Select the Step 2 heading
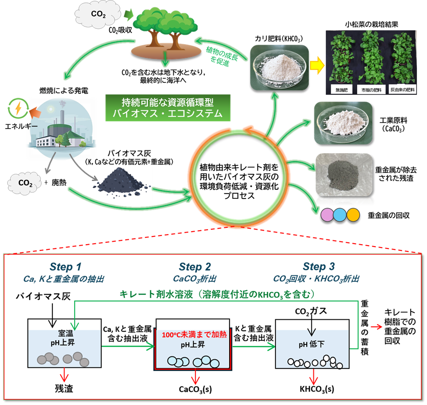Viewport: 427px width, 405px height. tap(194, 267)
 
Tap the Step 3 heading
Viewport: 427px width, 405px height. tap(318, 267)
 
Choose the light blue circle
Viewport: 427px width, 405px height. tap(340, 214)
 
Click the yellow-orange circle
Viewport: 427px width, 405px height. tap(353, 214)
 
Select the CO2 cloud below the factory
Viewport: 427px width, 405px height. tap(24, 183)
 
